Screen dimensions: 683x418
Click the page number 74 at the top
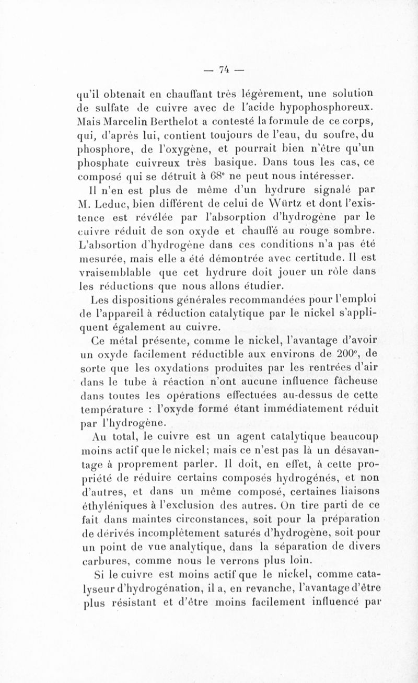coord(225,68)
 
